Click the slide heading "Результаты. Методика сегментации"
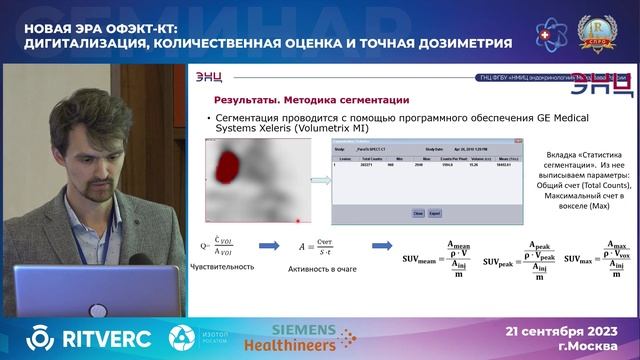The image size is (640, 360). click(311, 100)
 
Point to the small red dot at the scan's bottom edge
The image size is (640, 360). click(298, 219)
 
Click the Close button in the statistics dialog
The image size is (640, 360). click(418, 213)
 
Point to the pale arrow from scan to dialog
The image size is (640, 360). click(319, 181)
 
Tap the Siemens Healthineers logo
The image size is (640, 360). click(313, 337)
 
